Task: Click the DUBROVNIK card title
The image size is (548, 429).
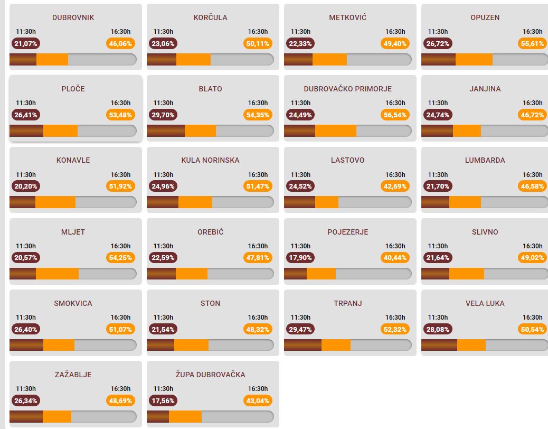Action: [73, 17]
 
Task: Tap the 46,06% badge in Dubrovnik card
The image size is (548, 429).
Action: [120, 43]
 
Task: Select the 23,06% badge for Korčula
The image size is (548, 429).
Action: [163, 43]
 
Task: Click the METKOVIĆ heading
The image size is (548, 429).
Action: [347, 17]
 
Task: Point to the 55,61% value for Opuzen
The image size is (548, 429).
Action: [532, 43]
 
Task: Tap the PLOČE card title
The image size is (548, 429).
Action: [73, 89]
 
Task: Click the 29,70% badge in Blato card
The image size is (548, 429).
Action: [163, 115]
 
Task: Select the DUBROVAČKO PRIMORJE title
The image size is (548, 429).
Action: [347, 89]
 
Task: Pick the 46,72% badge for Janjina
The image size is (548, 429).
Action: [532, 115]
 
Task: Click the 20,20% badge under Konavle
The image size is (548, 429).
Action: [26, 186]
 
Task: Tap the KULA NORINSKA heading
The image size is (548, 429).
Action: [210, 160]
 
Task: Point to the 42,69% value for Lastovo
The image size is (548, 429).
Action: [395, 186]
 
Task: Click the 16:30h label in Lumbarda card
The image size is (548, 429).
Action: [532, 174]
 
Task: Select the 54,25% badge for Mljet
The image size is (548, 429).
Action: [120, 257]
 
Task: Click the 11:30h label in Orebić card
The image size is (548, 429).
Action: [163, 246]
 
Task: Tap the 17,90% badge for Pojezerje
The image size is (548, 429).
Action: [300, 257]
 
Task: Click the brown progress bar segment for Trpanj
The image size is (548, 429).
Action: [303, 345]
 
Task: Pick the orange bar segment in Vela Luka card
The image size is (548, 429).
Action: [471, 345]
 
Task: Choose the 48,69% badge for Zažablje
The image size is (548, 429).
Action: [120, 400]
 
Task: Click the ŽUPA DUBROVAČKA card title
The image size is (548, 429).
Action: [210, 375]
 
